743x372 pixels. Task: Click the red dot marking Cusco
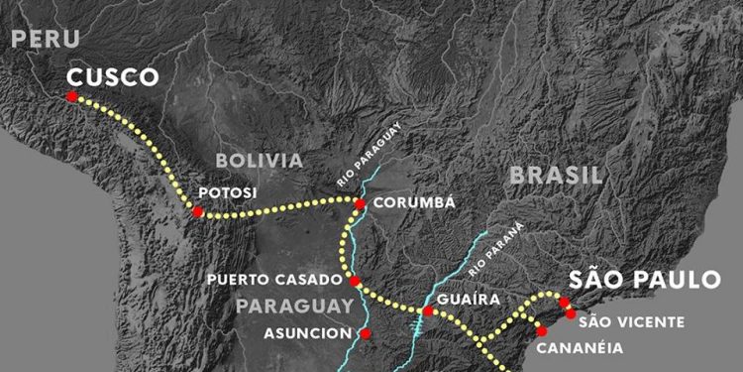click(x=72, y=96)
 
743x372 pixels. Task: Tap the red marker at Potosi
click(x=198, y=211)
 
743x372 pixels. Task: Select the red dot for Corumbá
click(x=360, y=204)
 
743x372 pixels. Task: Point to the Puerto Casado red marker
click(x=355, y=282)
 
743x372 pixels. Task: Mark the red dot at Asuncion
click(x=366, y=333)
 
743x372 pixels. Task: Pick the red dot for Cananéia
click(x=541, y=330)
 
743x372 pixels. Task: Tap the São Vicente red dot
click(x=571, y=313)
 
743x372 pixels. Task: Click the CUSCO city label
click(x=113, y=77)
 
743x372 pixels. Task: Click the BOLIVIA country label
click(x=259, y=161)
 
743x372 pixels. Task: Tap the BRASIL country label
click(x=556, y=176)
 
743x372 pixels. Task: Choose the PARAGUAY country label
click(x=294, y=306)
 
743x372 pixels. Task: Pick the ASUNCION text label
click(x=307, y=333)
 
